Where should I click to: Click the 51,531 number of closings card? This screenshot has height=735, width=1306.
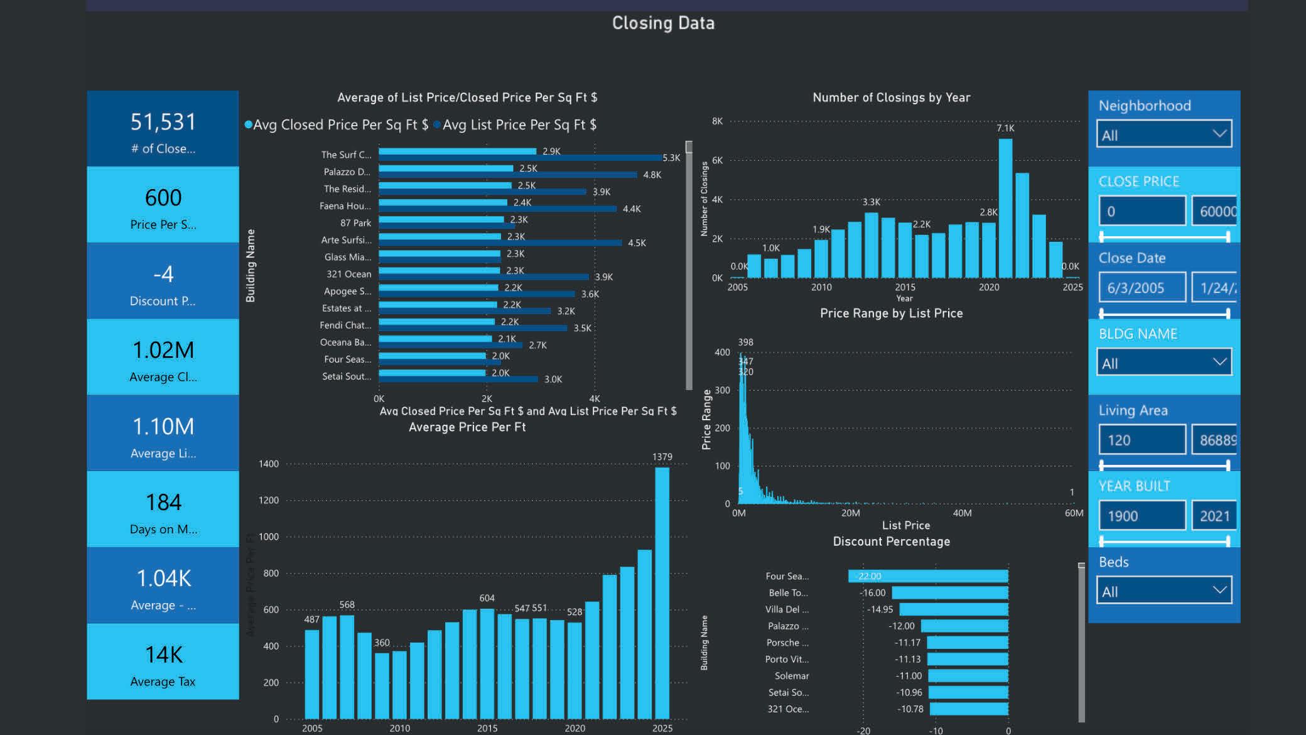click(163, 129)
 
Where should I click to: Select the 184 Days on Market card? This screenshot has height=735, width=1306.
click(163, 509)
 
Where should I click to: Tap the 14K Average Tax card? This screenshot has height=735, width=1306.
click(163, 662)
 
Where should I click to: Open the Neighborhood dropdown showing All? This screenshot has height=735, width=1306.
click(1163, 134)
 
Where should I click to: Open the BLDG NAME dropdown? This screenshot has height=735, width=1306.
click(1163, 362)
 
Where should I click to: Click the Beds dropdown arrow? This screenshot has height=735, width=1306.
click(1219, 591)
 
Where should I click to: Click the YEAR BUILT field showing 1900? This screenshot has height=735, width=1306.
click(1141, 516)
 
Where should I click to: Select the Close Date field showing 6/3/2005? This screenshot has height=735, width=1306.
click(1141, 288)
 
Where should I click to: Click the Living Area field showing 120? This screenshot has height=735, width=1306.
click(1141, 440)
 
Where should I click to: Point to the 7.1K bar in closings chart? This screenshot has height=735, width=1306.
click(1005, 207)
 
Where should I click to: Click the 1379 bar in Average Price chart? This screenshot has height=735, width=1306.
click(662, 591)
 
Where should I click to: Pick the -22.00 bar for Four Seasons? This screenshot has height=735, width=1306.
click(928, 576)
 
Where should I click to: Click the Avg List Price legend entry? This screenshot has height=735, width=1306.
click(519, 125)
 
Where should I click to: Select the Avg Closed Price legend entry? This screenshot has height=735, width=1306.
click(340, 125)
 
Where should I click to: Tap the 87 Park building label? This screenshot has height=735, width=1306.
click(355, 223)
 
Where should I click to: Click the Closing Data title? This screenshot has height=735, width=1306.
click(663, 23)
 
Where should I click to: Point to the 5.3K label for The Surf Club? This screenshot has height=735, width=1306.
click(671, 158)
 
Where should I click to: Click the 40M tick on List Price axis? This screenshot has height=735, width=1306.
click(962, 513)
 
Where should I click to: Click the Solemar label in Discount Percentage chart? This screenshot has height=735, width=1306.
click(791, 676)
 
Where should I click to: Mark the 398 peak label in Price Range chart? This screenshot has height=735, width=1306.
click(745, 342)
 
